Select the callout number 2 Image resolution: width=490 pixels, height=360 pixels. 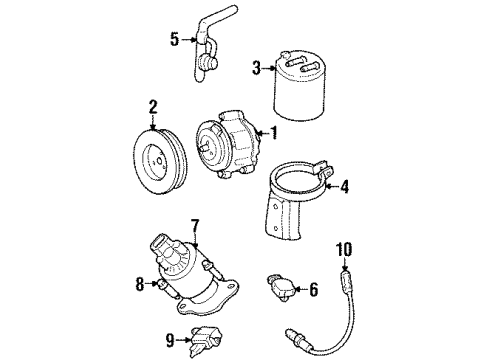click(x=153, y=105)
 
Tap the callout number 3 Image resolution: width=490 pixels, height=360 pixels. click(x=256, y=69)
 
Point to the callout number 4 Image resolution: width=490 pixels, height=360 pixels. click(x=345, y=185)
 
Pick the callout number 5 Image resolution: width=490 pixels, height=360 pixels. click(x=174, y=41)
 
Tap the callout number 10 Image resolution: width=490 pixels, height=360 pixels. click(x=345, y=249)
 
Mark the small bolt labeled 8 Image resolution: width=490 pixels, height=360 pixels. click(x=161, y=284)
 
